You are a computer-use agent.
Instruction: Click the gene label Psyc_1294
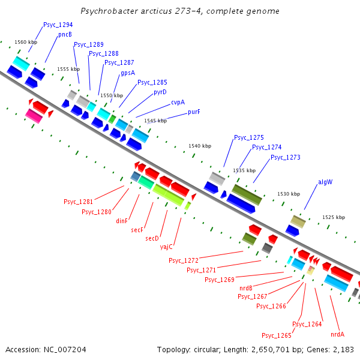coord(58,25)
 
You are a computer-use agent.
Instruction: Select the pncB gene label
coord(65,35)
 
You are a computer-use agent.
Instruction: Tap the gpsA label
coord(128,73)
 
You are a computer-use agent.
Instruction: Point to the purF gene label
coord(194,112)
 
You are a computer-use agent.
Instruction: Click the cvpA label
coord(178,102)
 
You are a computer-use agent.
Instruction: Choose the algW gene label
coord(325,182)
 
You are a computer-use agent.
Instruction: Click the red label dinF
coord(122,221)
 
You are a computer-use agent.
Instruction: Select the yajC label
coord(166,247)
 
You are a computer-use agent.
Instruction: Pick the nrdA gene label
coord(337,334)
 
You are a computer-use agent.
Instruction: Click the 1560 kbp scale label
coord(25,42)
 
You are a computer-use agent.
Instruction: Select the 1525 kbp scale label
coord(334,217)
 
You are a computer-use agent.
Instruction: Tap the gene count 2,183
coord(343,349)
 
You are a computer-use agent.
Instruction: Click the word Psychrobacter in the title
coord(107,11)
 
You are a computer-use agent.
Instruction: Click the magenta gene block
coord(34,116)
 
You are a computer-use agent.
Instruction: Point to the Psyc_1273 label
coord(286,158)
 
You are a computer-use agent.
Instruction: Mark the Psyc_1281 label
coord(79,202)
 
